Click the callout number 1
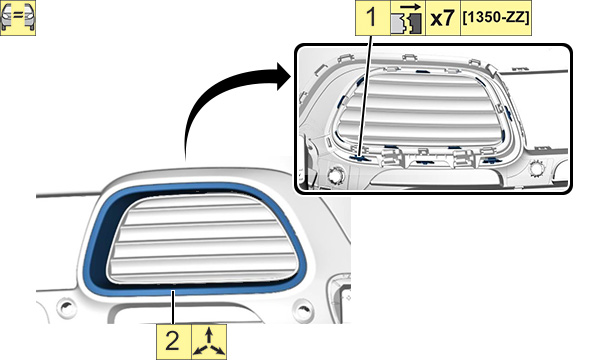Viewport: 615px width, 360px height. [371, 18]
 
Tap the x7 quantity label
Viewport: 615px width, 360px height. [442, 18]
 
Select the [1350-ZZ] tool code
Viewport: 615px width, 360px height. [496, 18]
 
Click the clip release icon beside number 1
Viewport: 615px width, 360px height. [407, 18]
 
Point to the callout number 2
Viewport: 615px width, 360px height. [173, 341]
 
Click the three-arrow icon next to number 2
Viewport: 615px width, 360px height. [209, 342]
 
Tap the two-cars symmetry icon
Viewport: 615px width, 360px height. [18, 18]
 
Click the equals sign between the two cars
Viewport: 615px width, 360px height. [18, 17]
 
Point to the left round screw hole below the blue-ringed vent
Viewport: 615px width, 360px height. [66, 307]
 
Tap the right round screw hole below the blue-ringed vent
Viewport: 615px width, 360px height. [303, 310]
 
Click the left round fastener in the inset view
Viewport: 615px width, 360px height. [336, 174]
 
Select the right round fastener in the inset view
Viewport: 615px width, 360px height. [537, 168]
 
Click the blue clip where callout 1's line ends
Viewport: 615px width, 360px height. [359, 158]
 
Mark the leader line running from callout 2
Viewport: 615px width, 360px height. [173, 307]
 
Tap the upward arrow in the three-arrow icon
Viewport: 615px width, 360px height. [209, 336]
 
